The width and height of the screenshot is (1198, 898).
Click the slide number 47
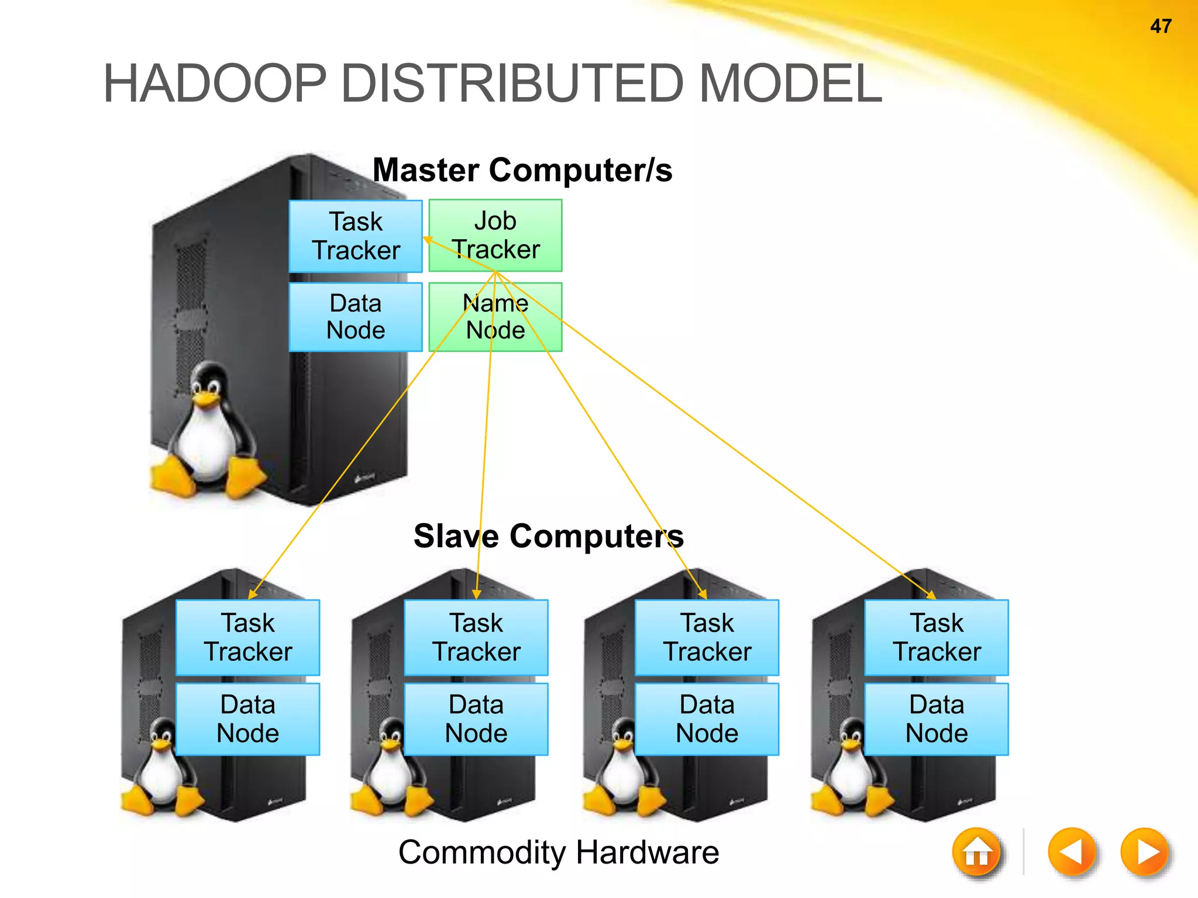tap(1161, 26)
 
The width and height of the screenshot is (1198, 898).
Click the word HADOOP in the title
tap(214, 84)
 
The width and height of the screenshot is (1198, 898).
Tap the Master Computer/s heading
tap(522, 170)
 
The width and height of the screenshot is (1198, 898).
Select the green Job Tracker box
tap(495, 235)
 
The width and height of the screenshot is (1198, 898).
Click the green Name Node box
tap(495, 317)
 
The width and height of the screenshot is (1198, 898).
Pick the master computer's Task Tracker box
tap(356, 236)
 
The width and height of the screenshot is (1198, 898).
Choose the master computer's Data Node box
tap(356, 317)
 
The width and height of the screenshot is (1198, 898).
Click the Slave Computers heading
tap(548, 536)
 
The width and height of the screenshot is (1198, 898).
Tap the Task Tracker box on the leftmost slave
tap(247, 637)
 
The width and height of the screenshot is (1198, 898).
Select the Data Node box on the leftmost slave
tap(247, 719)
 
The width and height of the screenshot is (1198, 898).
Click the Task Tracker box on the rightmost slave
tap(937, 637)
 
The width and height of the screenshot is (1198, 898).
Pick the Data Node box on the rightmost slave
tap(937, 719)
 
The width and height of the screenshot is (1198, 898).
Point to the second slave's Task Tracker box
tap(476, 637)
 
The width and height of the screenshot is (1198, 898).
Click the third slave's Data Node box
tap(707, 719)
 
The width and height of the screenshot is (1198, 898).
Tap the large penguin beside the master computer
tap(208, 433)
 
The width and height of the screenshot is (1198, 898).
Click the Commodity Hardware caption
tap(559, 852)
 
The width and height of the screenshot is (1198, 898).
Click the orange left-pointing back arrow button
tap(1071, 852)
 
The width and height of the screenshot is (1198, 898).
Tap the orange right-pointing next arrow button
tap(1145, 852)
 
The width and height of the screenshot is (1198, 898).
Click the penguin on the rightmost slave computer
tap(848, 772)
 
